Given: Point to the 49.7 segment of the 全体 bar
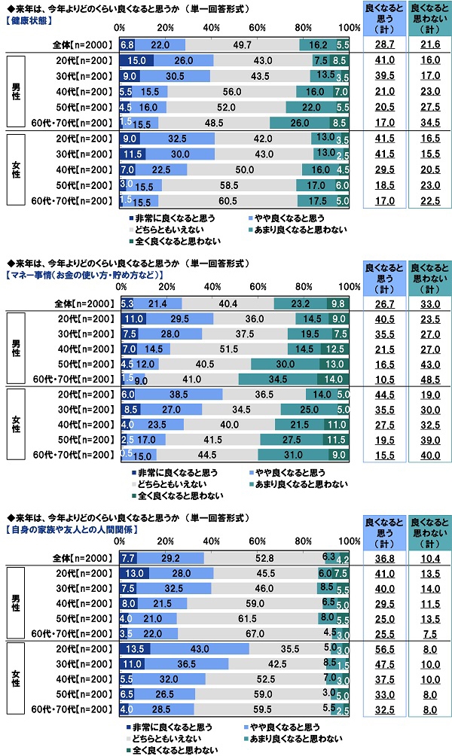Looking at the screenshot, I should point(243,46).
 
